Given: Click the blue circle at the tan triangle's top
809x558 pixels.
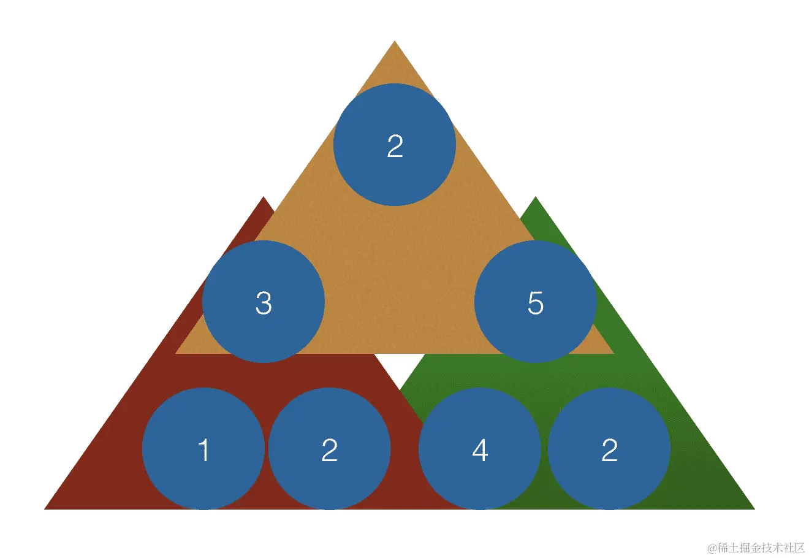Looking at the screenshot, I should pos(394,145).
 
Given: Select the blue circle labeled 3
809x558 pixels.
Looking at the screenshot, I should pos(264,302).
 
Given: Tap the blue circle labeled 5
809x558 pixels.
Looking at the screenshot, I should pos(536,302).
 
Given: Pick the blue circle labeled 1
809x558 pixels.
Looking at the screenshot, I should pos(203,449).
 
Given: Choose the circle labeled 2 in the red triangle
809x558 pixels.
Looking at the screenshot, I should pos(329,449).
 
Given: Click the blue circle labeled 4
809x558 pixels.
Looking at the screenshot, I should pos(480,449).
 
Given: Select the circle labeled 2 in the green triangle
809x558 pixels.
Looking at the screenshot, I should pos(609,449).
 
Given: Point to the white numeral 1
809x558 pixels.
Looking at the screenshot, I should pos(204,450).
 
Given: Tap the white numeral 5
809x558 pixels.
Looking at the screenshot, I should pos(536,303).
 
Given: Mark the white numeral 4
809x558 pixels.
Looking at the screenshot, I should pos(480,450).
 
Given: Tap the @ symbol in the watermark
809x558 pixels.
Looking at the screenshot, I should pos(712,548).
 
